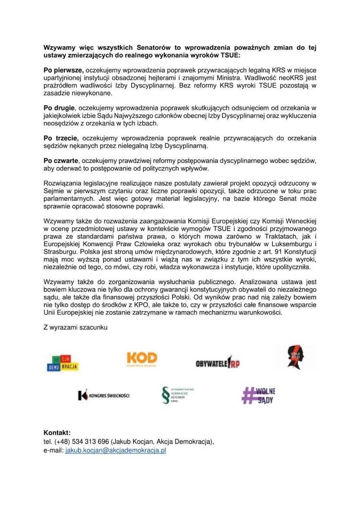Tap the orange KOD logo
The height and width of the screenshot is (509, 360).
(x=142, y=359)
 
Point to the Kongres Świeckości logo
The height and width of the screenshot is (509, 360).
(x=103, y=395)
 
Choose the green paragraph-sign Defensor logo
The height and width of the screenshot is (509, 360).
(x=177, y=395)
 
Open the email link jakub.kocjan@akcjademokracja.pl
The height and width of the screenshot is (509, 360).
(x=116, y=451)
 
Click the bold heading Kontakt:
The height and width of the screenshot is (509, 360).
(x=57, y=433)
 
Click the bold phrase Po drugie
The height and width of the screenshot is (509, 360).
(x=60, y=107)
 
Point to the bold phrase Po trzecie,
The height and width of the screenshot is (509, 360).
(x=62, y=137)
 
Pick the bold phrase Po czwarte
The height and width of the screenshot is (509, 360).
(x=62, y=160)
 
